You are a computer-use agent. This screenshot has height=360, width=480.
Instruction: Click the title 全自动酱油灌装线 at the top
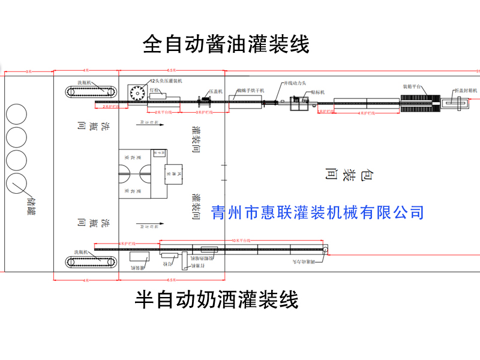(x=226, y=44)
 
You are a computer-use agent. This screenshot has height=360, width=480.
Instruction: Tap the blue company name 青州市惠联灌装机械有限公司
(x=318, y=212)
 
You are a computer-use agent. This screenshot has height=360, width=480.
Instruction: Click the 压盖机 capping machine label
(x=215, y=92)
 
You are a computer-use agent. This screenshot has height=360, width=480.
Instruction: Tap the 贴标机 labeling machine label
(x=318, y=92)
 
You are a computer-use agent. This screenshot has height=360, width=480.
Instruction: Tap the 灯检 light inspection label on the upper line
(x=154, y=90)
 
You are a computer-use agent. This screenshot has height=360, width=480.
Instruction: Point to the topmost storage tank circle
(x=17, y=115)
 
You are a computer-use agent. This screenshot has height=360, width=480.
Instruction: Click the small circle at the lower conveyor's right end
(x=325, y=249)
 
